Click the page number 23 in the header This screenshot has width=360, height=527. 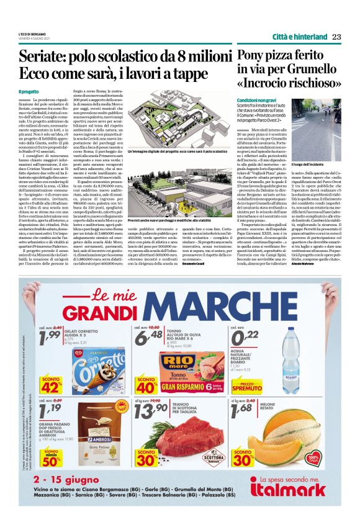point(337,36)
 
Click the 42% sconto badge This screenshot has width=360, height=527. point(52,384)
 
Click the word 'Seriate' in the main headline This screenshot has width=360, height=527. point(45,58)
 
